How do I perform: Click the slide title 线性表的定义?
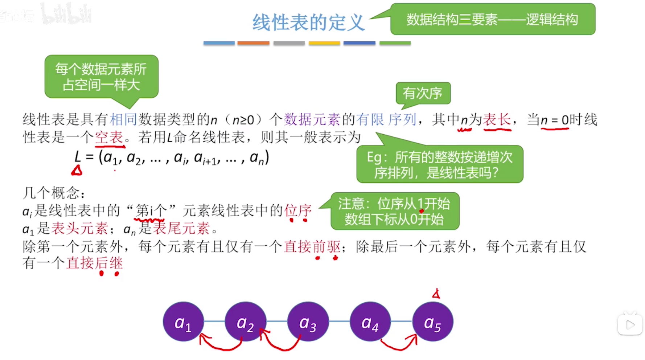tap(308, 22)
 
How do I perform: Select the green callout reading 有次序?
tap(423, 93)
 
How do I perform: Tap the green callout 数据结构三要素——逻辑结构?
tap(492, 20)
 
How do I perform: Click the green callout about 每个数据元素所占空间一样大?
tap(101, 77)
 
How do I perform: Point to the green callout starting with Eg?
tap(440, 164)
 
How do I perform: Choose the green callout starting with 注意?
tap(395, 211)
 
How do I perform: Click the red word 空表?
tap(109, 137)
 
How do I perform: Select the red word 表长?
tap(497, 119)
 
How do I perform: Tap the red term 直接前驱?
tap(312, 247)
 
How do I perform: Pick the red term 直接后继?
tap(94, 263)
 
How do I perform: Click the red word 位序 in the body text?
tap(298, 210)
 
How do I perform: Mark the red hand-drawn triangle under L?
tap(77, 170)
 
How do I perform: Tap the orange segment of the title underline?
tap(253, 43)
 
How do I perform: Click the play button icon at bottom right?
tap(630, 324)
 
